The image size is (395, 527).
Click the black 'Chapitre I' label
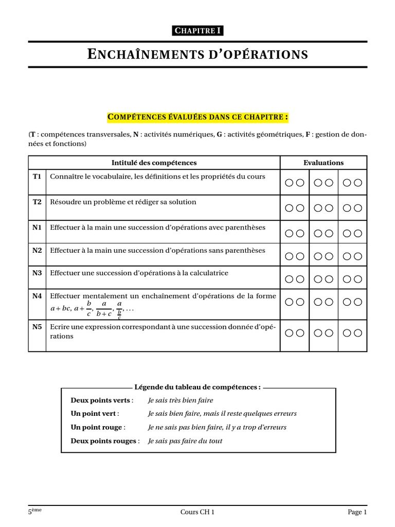[197, 31]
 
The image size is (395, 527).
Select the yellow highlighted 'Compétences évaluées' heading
[197, 117]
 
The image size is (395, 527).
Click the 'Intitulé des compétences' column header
[154, 163]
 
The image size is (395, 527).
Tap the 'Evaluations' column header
[324, 163]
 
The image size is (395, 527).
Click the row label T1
[37, 177]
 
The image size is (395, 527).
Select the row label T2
[37, 202]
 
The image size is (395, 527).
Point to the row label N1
[37, 227]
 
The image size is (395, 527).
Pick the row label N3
[37, 273]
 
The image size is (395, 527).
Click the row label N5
[37, 326]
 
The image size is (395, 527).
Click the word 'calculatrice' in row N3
[209, 273]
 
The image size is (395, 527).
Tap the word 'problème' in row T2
[117, 202]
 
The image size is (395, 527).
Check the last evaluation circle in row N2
[358, 256]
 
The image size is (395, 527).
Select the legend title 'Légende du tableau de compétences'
[197, 387]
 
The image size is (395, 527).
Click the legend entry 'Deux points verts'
[101, 400]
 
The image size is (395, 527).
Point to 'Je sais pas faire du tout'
[185, 441]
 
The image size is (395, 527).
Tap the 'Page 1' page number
[357, 512]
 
